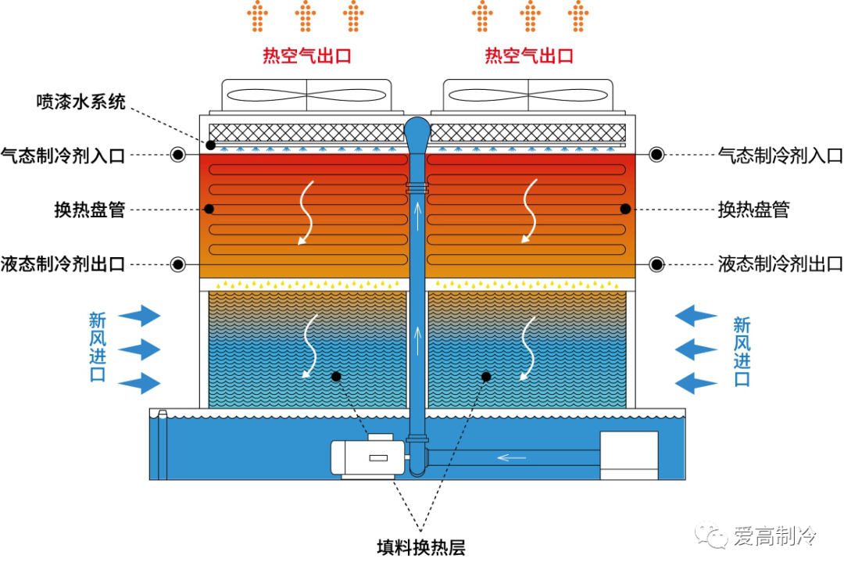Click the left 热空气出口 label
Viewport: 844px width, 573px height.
coord(306,56)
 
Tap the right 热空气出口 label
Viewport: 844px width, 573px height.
coord(529,56)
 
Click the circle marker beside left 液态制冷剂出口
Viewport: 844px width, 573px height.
coord(178,263)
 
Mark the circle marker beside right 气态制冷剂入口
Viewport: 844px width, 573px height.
coord(656,155)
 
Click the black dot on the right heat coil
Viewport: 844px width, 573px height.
coord(626,209)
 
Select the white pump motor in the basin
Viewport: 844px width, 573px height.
coord(367,457)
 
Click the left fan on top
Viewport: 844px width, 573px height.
coord(306,96)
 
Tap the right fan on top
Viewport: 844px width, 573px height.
coord(528,96)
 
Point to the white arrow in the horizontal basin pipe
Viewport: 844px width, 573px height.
coord(512,457)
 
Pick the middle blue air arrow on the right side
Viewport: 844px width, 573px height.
coord(696,349)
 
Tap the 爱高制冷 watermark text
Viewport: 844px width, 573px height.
coord(774,537)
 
